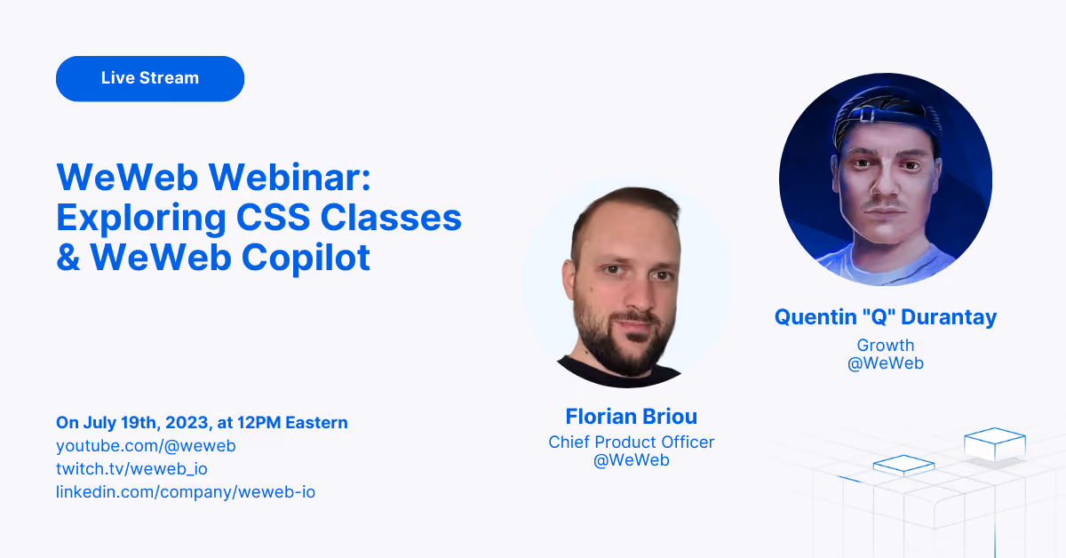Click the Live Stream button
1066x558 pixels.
point(150,78)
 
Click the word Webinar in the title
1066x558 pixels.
point(290,177)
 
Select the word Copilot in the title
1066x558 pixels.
point(306,259)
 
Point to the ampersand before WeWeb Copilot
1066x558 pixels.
point(68,258)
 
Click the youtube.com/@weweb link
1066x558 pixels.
point(146,446)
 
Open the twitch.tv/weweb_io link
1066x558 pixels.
point(131,468)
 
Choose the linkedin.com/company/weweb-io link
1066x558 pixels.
point(186,492)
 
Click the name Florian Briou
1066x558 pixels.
point(631,417)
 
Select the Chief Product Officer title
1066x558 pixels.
point(631,442)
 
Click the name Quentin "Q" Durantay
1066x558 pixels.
point(886,317)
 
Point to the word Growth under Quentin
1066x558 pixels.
point(886,345)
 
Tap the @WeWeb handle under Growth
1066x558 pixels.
point(886,363)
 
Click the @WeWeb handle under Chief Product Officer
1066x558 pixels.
point(631,460)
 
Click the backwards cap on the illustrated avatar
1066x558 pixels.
point(885,113)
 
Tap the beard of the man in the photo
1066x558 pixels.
point(618,340)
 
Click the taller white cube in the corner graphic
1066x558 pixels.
point(995,443)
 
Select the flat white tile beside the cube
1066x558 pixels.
point(903,466)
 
